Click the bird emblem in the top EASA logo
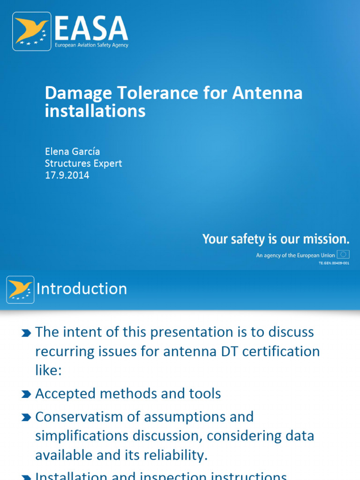point(32,31)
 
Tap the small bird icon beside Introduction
point(20,289)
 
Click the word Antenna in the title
point(267,93)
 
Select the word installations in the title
point(95,112)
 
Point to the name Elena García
point(72,151)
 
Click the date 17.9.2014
point(67,176)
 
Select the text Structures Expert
point(83,164)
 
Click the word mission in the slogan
point(326,240)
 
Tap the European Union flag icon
point(343,255)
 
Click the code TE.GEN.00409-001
point(334,263)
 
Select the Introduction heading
point(82,289)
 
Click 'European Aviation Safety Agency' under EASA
point(91,45)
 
